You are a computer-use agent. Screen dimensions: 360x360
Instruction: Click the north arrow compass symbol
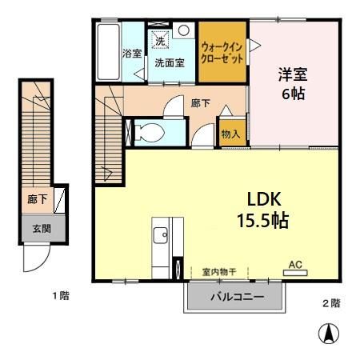[329, 334]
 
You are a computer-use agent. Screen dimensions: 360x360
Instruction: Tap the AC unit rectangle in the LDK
[295, 273]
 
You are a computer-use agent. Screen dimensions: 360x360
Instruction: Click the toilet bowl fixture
[149, 133]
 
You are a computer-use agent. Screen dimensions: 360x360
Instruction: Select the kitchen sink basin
[161, 235]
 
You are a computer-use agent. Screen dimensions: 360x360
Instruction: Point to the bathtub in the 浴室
[108, 52]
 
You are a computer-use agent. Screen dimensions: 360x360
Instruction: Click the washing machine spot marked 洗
[160, 40]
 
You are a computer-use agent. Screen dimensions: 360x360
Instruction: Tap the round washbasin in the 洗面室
[183, 30]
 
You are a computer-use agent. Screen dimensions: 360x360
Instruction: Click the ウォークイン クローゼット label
[222, 53]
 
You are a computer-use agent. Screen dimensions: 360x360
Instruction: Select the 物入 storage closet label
[230, 134]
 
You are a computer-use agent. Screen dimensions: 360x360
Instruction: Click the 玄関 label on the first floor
[42, 229]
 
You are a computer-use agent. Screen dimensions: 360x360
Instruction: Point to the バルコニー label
[238, 297]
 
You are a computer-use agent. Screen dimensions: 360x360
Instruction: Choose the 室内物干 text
[219, 272]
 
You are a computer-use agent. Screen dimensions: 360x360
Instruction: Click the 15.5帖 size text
[263, 220]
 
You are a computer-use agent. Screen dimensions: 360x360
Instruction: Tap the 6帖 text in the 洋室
[294, 94]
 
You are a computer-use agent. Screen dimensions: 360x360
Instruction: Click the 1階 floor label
[61, 295]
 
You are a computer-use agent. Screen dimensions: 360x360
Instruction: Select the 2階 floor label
[332, 303]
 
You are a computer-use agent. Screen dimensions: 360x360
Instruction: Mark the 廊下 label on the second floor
[200, 103]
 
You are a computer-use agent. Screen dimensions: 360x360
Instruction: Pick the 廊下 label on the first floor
[38, 199]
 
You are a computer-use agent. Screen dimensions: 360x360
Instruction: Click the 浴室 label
[132, 54]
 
